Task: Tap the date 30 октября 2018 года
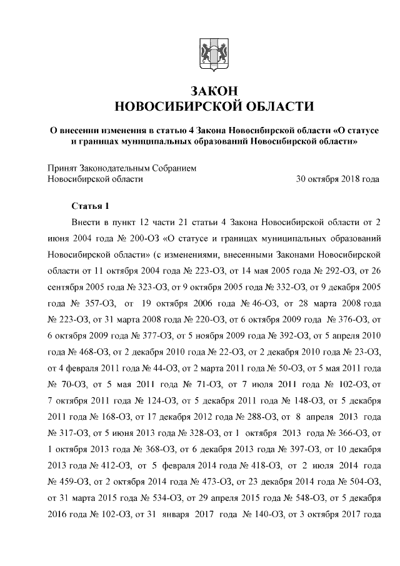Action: click(x=337, y=179)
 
